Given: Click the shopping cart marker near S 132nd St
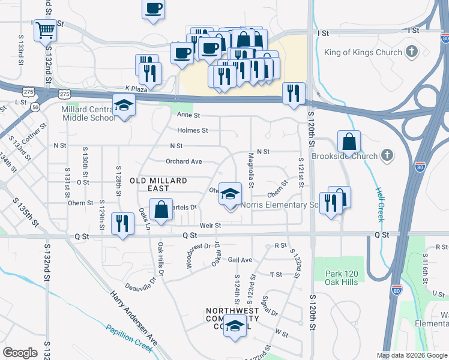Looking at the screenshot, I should click(x=46, y=29).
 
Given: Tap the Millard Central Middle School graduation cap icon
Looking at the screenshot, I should click(x=124, y=106).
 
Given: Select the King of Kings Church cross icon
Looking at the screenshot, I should click(x=411, y=52).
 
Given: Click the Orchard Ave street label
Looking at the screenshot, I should click(x=184, y=161).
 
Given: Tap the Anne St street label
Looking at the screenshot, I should click(x=188, y=115).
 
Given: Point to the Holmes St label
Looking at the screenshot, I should click(x=193, y=130).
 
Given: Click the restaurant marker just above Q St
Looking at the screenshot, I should click(x=122, y=225).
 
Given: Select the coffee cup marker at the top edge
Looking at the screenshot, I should click(x=153, y=9).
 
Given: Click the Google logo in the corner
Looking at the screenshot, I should click(x=20, y=353).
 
